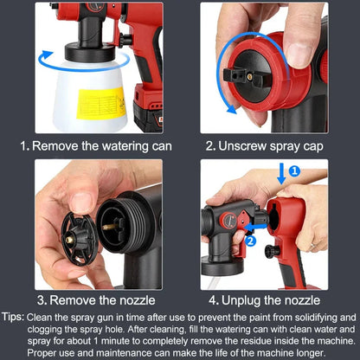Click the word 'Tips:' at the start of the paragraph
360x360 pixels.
click(x=15, y=317)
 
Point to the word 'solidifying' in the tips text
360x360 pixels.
click(x=309, y=317)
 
